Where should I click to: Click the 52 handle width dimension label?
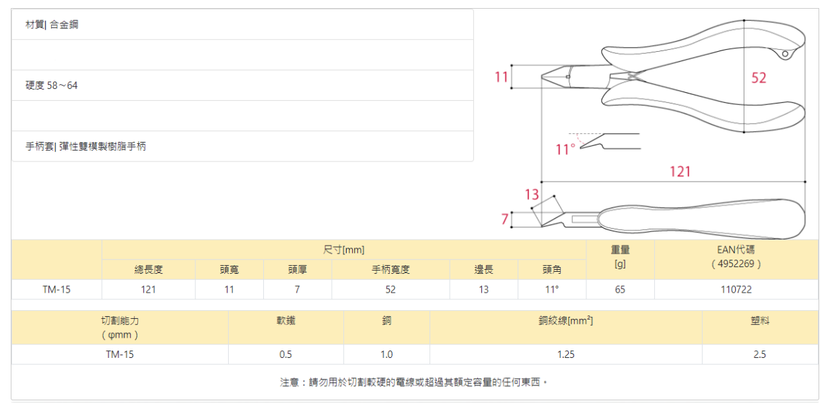coord(759,78)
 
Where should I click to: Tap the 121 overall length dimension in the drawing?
coord(680,172)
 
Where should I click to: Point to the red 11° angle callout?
coord(565,149)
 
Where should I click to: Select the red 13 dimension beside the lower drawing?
coord(532,194)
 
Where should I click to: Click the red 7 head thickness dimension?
coord(504,219)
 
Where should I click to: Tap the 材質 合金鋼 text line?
coord(52,25)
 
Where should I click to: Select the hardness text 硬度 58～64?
coord(52,85)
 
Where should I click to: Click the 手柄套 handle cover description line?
coord(85,146)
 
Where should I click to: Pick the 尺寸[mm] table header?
coord(344,250)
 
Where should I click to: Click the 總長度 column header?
coord(149,270)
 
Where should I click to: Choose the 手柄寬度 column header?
coord(391,270)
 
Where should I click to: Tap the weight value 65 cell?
coord(620,289)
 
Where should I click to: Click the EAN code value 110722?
coord(736,289)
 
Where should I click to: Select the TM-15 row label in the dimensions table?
coord(57,289)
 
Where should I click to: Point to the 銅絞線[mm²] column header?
coord(565,321)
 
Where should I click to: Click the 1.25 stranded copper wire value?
coord(565,354)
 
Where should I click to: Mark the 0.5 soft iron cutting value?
coord(285,354)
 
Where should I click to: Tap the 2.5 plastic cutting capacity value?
coord(760,354)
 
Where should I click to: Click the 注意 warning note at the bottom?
coord(414,382)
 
